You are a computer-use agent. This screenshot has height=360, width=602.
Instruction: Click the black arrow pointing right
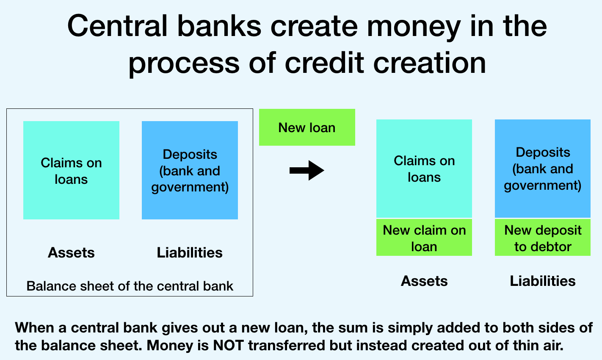(x=307, y=170)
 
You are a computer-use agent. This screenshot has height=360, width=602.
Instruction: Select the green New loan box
(x=307, y=127)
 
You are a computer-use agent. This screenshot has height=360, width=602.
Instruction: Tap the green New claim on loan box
(x=424, y=238)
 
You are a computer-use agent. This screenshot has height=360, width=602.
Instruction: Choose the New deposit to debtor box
(x=543, y=238)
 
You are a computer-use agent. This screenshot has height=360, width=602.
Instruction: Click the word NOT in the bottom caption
(x=228, y=346)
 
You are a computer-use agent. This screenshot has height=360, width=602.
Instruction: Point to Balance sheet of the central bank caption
(x=130, y=286)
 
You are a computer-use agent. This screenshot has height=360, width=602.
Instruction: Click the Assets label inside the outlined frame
(x=71, y=253)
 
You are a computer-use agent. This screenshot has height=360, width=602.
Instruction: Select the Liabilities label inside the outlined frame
(x=190, y=253)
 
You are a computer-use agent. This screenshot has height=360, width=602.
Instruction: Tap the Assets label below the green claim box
(x=424, y=281)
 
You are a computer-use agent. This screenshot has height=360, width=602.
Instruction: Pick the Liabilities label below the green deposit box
(x=543, y=281)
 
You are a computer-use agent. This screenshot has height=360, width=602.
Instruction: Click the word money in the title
(x=414, y=27)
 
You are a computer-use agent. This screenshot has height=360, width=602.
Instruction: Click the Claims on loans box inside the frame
(x=71, y=170)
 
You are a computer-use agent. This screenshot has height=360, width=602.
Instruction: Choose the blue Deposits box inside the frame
(x=190, y=170)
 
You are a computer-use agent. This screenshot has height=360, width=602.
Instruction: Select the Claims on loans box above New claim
(x=424, y=169)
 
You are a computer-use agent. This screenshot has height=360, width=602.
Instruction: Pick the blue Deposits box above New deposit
(x=543, y=169)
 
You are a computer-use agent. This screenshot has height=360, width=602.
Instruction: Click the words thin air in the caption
(x=536, y=346)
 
